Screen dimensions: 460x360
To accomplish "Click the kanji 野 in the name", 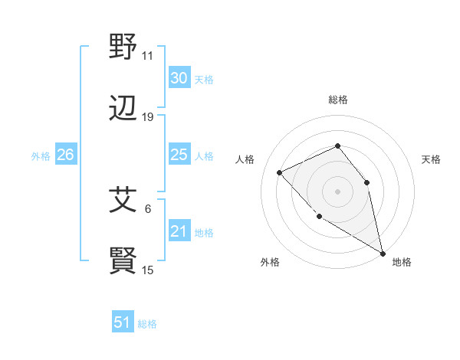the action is click(123, 49).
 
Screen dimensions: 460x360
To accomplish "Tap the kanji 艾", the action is click(123, 201).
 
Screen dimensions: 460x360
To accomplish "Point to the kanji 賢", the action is click(123, 261).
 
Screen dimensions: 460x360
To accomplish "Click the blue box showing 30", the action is click(179, 78).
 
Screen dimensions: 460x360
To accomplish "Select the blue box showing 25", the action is click(179, 155).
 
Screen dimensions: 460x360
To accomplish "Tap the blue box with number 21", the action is click(179, 231).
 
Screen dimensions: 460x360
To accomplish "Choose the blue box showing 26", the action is click(65, 155).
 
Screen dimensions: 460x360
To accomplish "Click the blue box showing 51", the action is click(123, 322).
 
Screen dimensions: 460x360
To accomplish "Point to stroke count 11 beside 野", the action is click(147, 56).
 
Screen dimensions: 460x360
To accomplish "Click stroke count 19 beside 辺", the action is click(147, 117).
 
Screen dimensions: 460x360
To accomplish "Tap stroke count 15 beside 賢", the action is click(147, 270).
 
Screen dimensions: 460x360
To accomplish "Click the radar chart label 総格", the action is click(337, 100).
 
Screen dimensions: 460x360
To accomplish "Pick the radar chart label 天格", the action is click(431, 159).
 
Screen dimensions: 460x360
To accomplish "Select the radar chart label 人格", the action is click(245, 159).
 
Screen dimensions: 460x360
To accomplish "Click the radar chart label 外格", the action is click(270, 263).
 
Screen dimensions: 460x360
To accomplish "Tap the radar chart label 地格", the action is click(402, 263).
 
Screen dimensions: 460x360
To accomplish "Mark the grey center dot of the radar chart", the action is click(337, 191).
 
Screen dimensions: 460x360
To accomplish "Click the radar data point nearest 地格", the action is click(383, 254).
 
